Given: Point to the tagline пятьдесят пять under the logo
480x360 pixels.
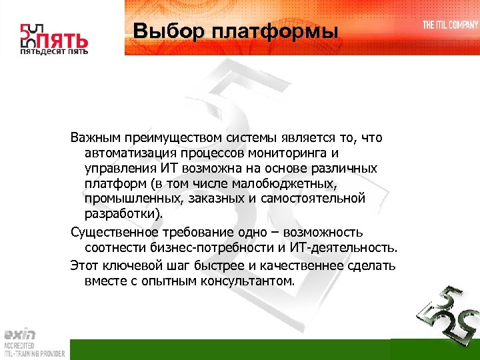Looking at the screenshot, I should [x=53, y=51].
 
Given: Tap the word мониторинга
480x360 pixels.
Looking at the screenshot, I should [x=287, y=153].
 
